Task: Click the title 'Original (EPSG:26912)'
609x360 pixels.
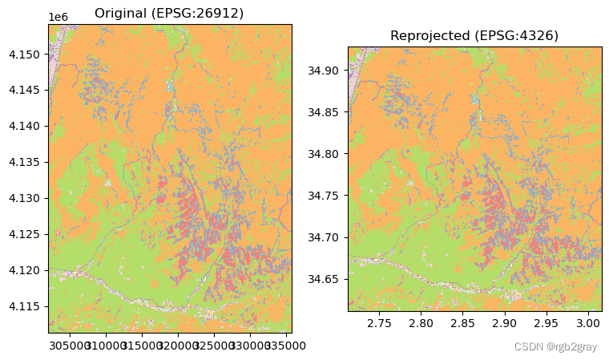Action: coord(169,13)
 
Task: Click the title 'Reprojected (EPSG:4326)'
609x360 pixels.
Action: coord(474,36)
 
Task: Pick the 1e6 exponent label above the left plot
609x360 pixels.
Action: coord(57,17)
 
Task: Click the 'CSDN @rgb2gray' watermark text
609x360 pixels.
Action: coord(555,347)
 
